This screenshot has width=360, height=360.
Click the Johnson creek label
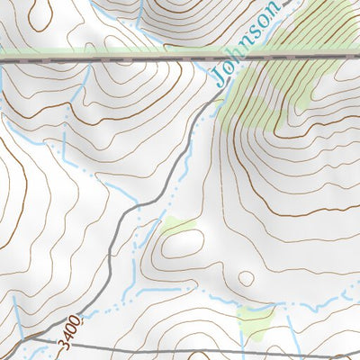tap(250, 46)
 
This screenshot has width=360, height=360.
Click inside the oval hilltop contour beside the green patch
tap(180, 247)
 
